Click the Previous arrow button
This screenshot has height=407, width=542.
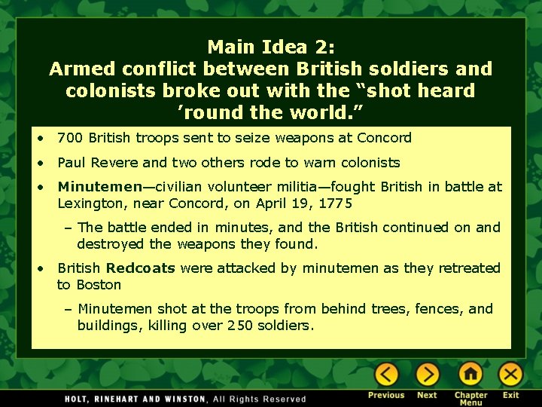(387, 374)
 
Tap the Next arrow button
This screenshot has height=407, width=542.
(427, 374)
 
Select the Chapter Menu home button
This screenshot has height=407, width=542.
(470, 374)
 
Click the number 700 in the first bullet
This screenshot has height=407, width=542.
(70, 138)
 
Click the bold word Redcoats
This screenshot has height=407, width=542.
(141, 268)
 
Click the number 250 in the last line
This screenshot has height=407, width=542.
(240, 326)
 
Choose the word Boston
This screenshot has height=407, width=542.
(99, 285)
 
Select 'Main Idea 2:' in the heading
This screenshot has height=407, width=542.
(270, 47)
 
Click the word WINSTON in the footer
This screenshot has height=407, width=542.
(184, 399)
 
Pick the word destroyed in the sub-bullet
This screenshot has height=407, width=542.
(111, 244)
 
